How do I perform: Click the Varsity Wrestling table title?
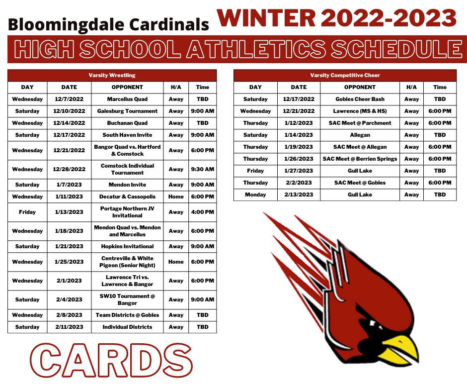(x=112, y=75)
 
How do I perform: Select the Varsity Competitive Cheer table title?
(x=345, y=75)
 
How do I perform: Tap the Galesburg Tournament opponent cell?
(x=127, y=111)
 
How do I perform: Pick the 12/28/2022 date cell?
(x=69, y=169)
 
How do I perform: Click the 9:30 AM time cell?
(x=203, y=169)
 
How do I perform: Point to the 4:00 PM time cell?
(x=203, y=212)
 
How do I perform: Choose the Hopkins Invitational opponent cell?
(x=127, y=246)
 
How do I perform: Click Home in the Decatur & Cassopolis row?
(x=176, y=196)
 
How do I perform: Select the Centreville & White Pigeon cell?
(x=127, y=262)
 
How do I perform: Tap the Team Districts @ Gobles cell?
(x=127, y=315)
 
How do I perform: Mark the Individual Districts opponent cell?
(x=127, y=327)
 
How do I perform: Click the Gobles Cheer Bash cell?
(x=360, y=99)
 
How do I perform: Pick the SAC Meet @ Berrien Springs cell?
(x=360, y=159)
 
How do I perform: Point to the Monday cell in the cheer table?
(x=255, y=195)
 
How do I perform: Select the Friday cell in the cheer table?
(x=255, y=171)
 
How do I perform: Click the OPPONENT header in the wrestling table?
(x=127, y=87)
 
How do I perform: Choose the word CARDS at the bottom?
(x=111, y=361)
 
